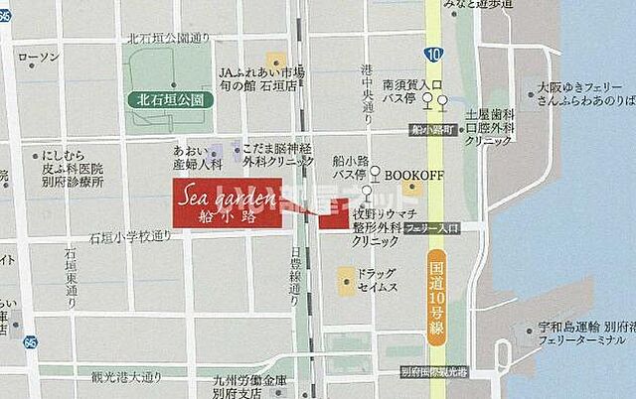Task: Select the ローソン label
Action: [39, 57]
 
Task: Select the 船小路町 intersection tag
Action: [434, 130]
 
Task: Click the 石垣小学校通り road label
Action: [129, 237]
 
